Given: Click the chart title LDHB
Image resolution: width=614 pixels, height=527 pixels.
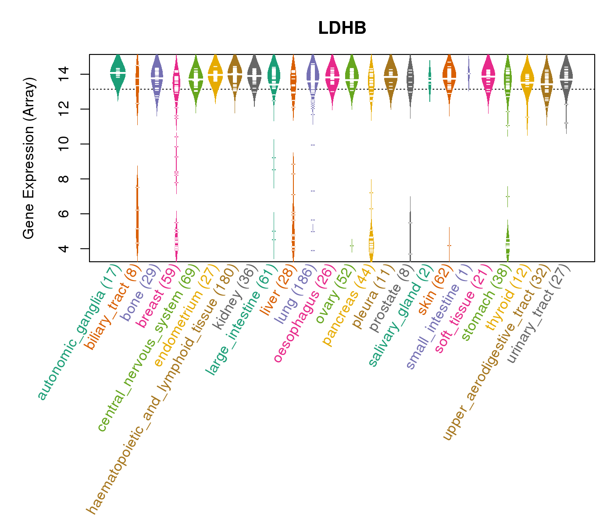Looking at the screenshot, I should point(342,29).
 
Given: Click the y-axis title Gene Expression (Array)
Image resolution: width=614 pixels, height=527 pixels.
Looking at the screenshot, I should point(29,158).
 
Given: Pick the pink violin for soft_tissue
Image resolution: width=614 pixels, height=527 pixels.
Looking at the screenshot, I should point(488,76).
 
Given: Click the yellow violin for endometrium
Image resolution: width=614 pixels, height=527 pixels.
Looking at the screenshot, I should point(215,76).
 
